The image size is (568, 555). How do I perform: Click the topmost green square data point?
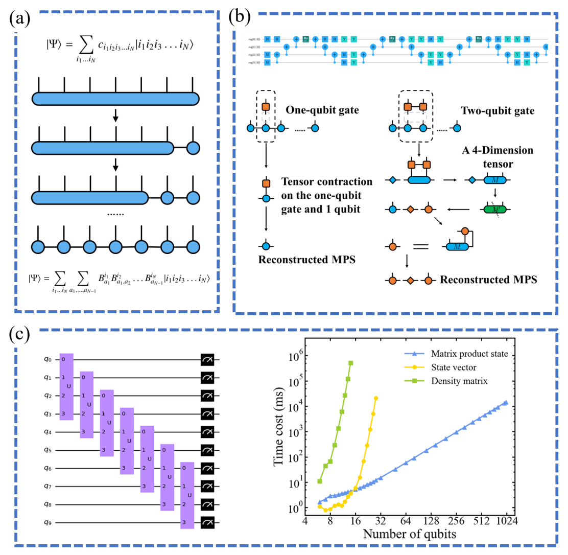click(x=351, y=363)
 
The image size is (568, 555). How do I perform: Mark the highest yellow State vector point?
click(x=376, y=398)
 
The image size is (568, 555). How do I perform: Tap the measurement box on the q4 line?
click(x=207, y=432)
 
